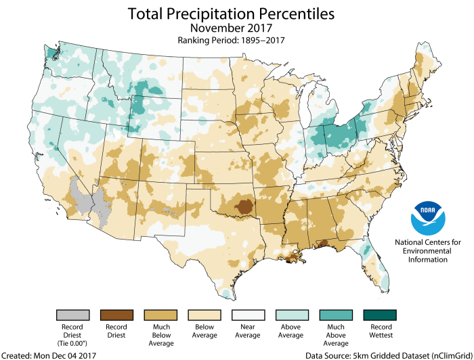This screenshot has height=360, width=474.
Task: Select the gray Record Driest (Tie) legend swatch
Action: pyautogui.click(x=74, y=316)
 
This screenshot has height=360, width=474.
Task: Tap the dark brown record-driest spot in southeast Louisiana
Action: pyautogui.click(x=293, y=255)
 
